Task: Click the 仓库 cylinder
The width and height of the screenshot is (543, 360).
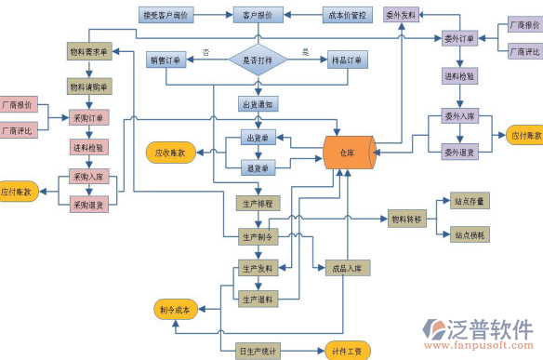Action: click(x=348, y=152)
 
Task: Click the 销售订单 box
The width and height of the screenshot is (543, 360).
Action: click(x=166, y=60)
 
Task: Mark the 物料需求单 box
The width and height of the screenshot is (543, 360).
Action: click(x=89, y=50)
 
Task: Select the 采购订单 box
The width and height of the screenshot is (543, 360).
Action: click(x=89, y=118)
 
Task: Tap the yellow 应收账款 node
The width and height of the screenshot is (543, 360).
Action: click(x=170, y=151)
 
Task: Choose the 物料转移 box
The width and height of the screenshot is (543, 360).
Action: click(x=406, y=220)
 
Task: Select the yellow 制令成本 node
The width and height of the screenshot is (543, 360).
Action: click(x=174, y=310)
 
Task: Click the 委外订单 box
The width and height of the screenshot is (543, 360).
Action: click(x=459, y=38)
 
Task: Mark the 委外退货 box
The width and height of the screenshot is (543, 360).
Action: click(x=459, y=152)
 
